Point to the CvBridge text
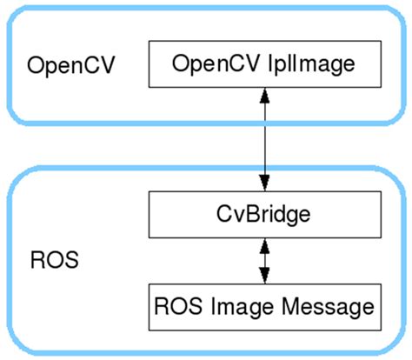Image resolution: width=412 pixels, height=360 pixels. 262,213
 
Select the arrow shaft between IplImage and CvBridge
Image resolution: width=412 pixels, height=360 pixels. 262,139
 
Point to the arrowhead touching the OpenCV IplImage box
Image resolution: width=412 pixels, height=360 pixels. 262,97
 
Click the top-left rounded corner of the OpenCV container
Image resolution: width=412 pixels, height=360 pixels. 17,17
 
